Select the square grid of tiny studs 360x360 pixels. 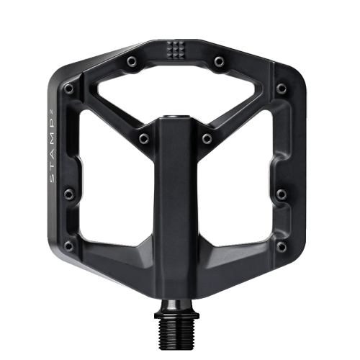(x=174, y=49)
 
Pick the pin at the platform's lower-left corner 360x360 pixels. (x=68, y=246)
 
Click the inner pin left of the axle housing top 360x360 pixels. (x=143, y=138)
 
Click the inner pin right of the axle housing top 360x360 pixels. (x=207, y=138)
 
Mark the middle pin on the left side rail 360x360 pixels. (x=68, y=193)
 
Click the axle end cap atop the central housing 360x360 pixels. (x=175, y=117)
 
